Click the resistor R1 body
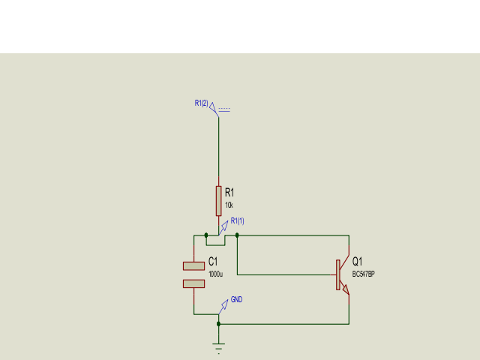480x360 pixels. click(x=218, y=201)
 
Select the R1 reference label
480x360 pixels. click(x=229, y=193)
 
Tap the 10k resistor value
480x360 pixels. click(x=229, y=205)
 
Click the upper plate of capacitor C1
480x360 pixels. click(x=193, y=265)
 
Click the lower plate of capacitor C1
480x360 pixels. click(x=193, y=283)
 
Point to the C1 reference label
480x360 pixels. click(x=213, y=261)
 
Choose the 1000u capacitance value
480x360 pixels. click(x=215, y=274)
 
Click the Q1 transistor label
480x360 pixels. click(x=357, y=261)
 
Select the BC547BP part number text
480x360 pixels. click(x=363, y=274)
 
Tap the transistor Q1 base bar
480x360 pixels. click(x=338, y=274)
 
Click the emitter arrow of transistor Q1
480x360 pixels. click(x=346, y=290)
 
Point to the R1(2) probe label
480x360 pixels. click(x=201, y=103)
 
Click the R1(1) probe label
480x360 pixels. click(x=237, y=220)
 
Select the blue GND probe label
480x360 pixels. click(x=236, y=300)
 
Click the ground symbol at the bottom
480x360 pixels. click(x=218, y=346)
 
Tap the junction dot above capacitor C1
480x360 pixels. click(x=206, y=235)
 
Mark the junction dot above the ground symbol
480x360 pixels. click(x=218, y=324)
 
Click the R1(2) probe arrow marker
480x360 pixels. click(x=213, y=108)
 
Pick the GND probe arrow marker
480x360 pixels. click(x=223, y=305)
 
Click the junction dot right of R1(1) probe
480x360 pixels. click(x=237, y=235)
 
